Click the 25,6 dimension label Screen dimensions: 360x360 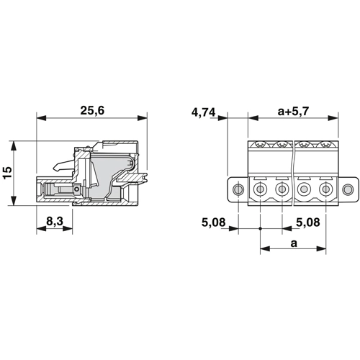coord(92,110)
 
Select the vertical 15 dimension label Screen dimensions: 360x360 coord(7,173)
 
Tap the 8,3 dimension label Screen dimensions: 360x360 coord(55,221)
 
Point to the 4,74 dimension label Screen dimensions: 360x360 coord(204,112)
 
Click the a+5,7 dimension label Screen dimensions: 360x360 coord(293,111)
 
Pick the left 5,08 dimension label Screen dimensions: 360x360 coord(213,222)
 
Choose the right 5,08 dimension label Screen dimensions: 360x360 coord(308,222)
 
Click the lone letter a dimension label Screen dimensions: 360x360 coord(294,243)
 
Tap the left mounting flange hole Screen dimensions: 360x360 coord(238,189)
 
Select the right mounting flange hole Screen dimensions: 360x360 coord(348,189)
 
